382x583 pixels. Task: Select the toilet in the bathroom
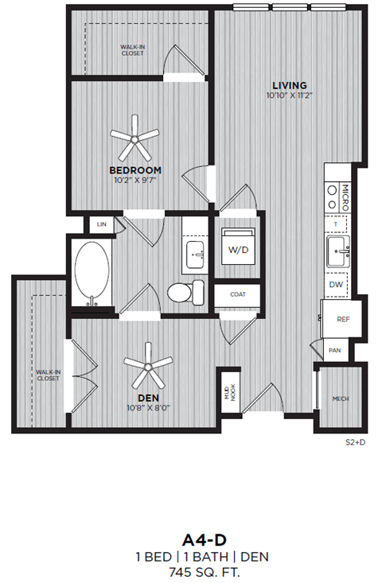pos(181,292)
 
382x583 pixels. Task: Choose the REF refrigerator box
pos(343,319)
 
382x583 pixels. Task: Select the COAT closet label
pos(237,293)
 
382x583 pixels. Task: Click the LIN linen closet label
pos(101,225)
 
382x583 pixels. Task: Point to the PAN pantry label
pos(334,348)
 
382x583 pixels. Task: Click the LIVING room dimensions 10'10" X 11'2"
pos(290,95)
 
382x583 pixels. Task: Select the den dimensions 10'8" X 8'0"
pos(149,408)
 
